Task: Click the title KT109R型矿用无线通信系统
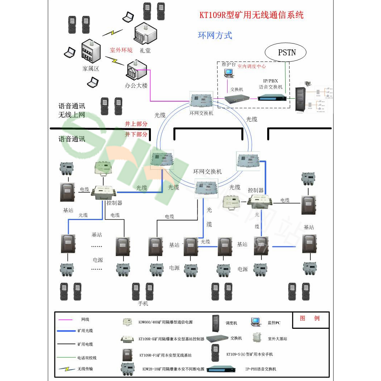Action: [251, 15]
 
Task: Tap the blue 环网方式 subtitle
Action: [215, 35]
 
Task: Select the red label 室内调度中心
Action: [252, 67]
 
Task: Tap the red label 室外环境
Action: [121, 50]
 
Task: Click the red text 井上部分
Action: [136, 124]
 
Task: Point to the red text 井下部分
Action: [136, 134]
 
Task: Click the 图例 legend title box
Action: [310, 319]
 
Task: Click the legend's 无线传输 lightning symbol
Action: [67, 369]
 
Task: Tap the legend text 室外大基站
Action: [277, 339]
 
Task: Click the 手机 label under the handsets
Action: [143, 304]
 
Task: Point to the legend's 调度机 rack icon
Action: [215, 322]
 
